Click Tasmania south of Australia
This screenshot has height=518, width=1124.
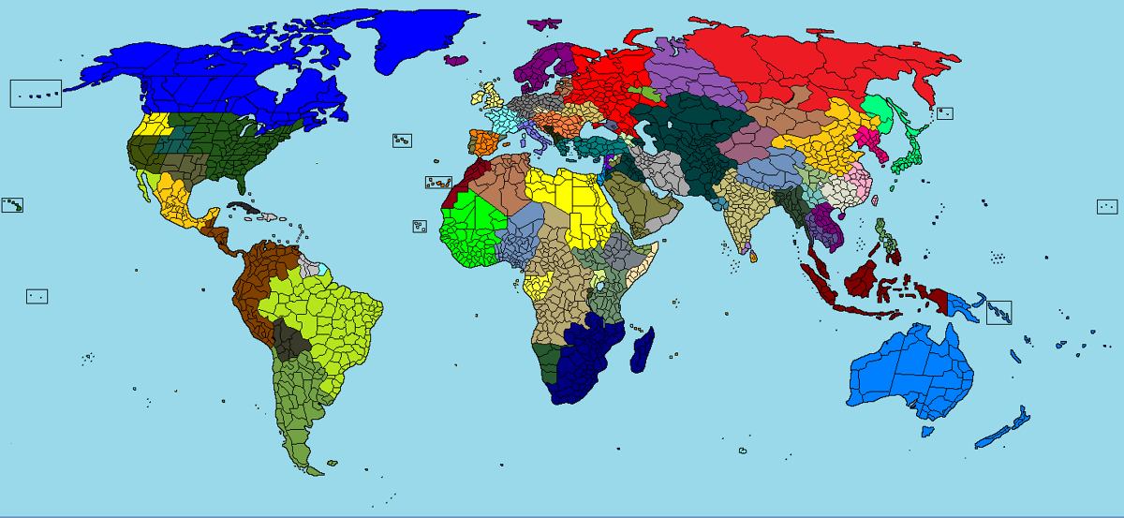[x=926, y=431]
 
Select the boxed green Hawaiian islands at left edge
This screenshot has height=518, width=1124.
[x=13, y=205]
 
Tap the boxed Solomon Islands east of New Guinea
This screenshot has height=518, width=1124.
[x=999, y=312]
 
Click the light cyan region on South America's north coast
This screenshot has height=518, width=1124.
[x=321, y=270]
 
